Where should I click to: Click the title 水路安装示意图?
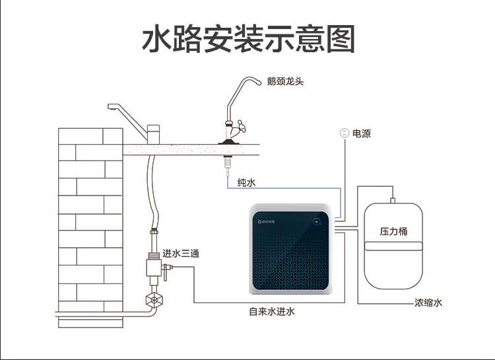(249, 40)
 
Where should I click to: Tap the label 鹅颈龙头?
(285, 82)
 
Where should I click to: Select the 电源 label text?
(362, 133)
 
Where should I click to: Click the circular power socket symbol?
(344, 133)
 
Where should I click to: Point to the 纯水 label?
(246, 182)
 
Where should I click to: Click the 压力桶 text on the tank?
(393, 232)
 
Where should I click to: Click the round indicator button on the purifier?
(317, 222)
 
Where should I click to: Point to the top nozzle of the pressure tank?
(392, 197)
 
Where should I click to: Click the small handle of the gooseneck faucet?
(243, 125)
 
